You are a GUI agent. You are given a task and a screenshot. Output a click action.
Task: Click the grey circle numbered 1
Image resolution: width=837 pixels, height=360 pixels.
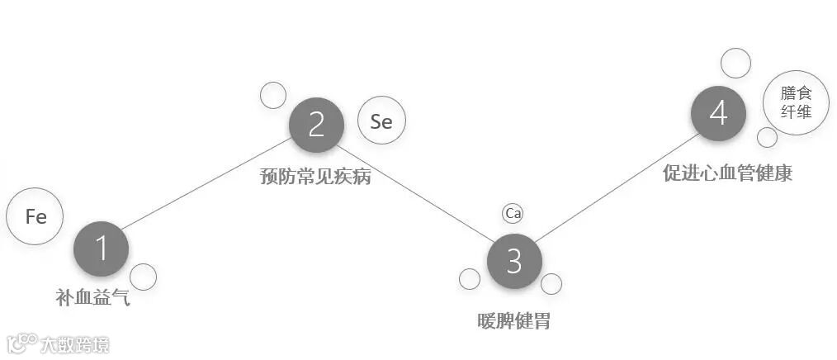click(101, 249)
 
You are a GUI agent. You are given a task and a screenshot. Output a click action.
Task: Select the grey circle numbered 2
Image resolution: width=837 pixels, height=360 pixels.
click(316, 125)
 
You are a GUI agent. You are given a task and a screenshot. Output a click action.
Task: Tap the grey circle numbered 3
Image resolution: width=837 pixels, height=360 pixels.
click(513, 262)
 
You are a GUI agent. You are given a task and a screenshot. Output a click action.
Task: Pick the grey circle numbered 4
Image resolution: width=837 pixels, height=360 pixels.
click(718, 113)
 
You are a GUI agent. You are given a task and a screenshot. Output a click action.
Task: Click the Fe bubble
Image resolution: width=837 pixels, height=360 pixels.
click(35, 216)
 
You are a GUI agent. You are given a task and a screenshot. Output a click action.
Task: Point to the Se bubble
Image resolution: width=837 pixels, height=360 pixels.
click(381, 121)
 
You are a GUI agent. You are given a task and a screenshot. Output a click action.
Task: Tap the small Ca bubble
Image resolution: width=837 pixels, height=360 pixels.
click(513, 214)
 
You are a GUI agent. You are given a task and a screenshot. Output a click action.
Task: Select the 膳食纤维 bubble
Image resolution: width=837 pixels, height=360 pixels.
click(796, 102)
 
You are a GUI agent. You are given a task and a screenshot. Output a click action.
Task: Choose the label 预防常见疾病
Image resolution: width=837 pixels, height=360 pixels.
click(315, 176)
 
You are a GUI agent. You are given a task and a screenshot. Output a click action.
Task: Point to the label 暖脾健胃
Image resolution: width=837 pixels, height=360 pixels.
click(513, 321)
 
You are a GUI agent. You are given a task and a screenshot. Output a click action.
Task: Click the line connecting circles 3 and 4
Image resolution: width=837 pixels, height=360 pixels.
click(615, 188)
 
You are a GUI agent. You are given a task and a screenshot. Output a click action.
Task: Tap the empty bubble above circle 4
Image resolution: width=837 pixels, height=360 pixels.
click(735, 63)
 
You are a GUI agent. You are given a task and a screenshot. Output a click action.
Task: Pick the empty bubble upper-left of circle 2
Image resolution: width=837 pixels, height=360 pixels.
click(273, 95)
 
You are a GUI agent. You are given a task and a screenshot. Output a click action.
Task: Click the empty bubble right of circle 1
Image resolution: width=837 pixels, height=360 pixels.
click(143, 277)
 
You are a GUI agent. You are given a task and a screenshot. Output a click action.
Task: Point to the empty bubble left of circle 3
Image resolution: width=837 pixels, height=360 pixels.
click(470, 279)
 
